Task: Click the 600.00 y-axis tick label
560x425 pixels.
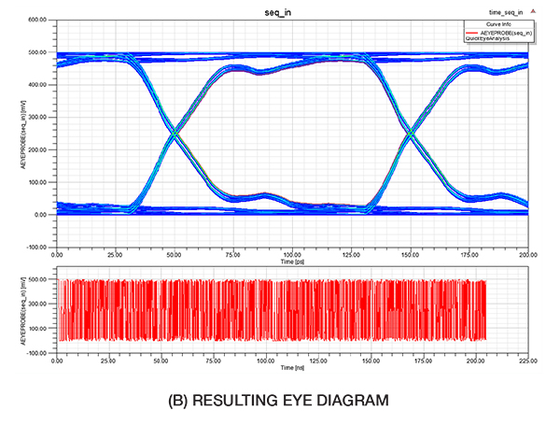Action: tap(37, 20)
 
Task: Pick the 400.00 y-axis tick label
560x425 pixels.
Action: tap(37, 85)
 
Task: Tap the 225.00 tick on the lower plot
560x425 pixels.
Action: tap(527, 360)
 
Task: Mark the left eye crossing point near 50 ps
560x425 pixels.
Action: tap(175, 134)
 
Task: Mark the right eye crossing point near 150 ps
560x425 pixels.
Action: tap(411, 134)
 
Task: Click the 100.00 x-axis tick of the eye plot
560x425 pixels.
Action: tap(292, 254)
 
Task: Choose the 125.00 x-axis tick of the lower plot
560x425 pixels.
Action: tap(318, 360)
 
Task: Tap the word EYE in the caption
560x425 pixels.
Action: tap(306, 401)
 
